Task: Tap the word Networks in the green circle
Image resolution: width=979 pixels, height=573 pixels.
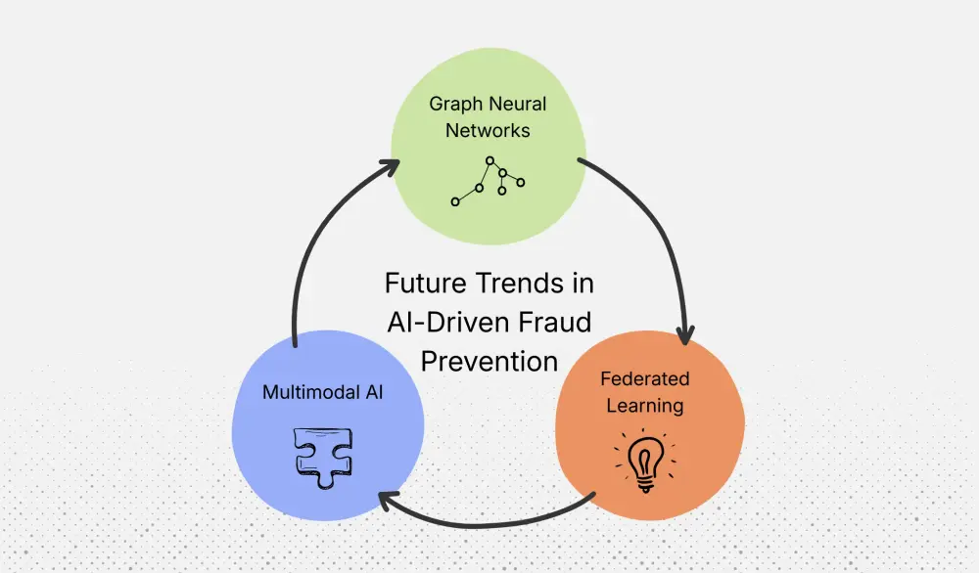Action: click(489, 129)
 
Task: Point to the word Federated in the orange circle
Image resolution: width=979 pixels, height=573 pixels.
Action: click(645, 378)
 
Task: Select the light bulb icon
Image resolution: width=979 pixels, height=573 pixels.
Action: click(645, 461)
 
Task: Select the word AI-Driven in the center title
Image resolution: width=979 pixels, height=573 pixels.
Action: click(444, 322)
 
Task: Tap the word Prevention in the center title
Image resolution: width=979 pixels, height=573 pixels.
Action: click(489, 360)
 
